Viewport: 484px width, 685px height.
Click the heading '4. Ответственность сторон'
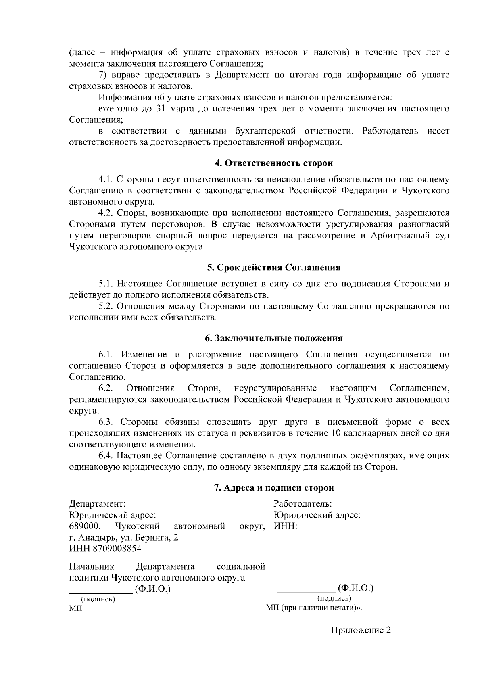pyautogui.click(x=273, y=163)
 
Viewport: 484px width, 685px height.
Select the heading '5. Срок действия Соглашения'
pyautogui.click(x=273, y=267)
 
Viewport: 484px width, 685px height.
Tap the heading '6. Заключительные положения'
pyautogui.click(x=273, y=338)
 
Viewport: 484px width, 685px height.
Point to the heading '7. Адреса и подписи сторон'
pyautogui.click(x=273, y=488)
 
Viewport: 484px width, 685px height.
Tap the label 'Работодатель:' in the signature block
pyautogui.click(x=302, y=504)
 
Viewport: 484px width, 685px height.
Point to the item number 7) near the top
pyautogui.click(x=103, y=75)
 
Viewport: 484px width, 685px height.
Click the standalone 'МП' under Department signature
pyautogui.click(x=75, y=608)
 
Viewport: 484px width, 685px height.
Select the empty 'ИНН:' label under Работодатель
pyautogui.click(x=285, y=526)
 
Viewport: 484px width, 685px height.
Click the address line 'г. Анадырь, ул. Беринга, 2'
pyautogui.click(x=124, y=537)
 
